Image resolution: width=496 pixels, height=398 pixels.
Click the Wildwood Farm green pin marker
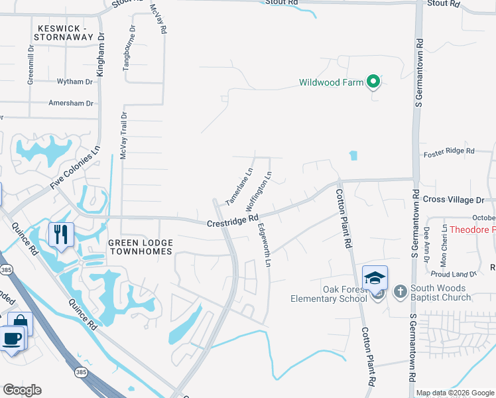(x=373, y=82)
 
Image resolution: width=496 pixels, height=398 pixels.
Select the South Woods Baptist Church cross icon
(x=400, y=291)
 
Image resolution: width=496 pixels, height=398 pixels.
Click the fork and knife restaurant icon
(x=60, y=235)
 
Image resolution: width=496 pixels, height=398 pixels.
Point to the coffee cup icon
(x=11, y=339)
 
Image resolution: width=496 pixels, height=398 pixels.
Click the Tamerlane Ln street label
(x=239, y=185)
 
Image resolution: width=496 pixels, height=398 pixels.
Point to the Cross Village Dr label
(x=454, y=200)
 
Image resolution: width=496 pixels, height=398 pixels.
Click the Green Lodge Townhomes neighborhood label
(x=141, y=247)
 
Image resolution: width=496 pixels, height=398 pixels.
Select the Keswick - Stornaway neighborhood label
(x=64, y=33)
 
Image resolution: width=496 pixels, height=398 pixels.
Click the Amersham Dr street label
(x=71, y=103)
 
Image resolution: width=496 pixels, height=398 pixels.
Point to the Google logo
(x=22, y=390)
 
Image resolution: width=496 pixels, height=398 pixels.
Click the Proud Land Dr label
(x=454, y=273)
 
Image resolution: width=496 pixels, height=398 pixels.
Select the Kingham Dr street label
(x=101, y=56)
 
